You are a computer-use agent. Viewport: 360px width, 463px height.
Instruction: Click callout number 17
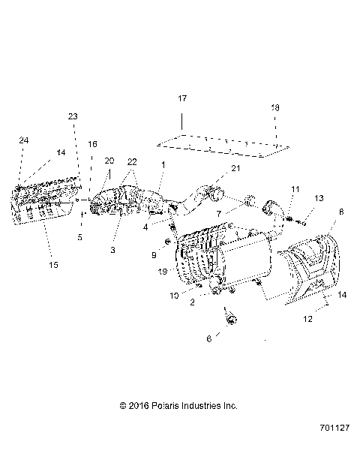(x=181, y=99)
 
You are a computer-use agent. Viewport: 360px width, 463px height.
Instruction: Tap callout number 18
(x=274, y=109)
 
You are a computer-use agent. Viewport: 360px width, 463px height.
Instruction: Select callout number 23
(x=72, y=116)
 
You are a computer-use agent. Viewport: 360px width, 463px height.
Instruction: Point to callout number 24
(x=23, y=140)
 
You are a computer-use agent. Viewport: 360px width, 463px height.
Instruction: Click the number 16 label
(x=92, y=143)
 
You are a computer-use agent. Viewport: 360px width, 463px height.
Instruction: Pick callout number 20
(x=109, y=161)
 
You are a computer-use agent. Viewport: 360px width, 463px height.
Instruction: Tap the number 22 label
(x=132, y=161)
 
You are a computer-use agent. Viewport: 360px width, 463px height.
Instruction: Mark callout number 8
(x=341, y=213)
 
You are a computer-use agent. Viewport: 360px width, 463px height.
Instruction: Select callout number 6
(x=209, y=338)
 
